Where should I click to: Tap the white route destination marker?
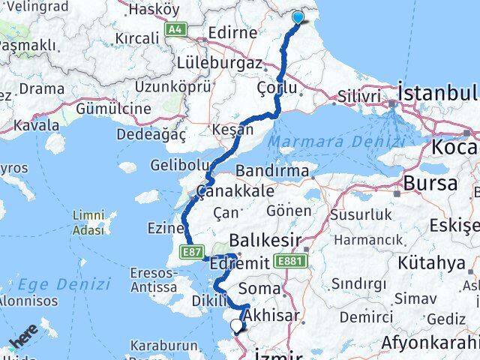pyautogui.click(x=237, y=325)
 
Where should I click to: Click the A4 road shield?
pyautogui.click(x=175, y=29)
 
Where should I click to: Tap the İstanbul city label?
pyautogui.click(x=439, y=93)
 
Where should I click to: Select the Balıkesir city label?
pyautogui.click(x=265, y=241)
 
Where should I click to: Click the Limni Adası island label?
pyautogui.click(x=88, y=223)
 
